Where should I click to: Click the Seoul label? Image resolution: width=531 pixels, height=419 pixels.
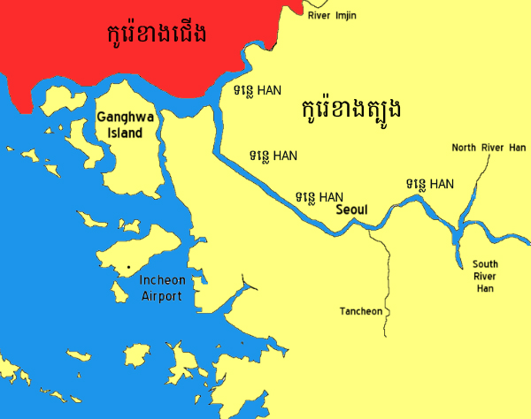point(351,210)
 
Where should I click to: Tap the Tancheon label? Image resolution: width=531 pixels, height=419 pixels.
point(361,311)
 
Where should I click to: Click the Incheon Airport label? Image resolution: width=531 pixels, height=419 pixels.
point(162,288)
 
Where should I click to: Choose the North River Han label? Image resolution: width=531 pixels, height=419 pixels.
point(489,148)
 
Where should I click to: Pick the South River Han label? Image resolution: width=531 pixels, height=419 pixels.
point(484,276)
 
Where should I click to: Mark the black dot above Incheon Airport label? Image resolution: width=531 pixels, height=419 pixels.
point(128,266)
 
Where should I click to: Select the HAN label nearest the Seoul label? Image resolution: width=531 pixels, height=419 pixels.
point(319,196)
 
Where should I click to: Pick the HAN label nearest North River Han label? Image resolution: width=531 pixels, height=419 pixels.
point(430,184)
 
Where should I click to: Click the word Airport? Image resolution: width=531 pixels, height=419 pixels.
point(162,296)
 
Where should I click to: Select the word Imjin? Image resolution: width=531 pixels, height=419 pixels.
point(345,13)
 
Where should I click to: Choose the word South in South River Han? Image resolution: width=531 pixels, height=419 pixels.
point(485,264)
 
